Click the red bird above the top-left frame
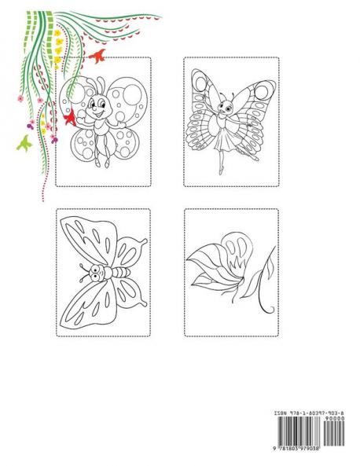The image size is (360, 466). coord(99,56)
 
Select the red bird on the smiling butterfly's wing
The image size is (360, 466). coord(68,118)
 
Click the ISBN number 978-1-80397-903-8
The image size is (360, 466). coord(318,412)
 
